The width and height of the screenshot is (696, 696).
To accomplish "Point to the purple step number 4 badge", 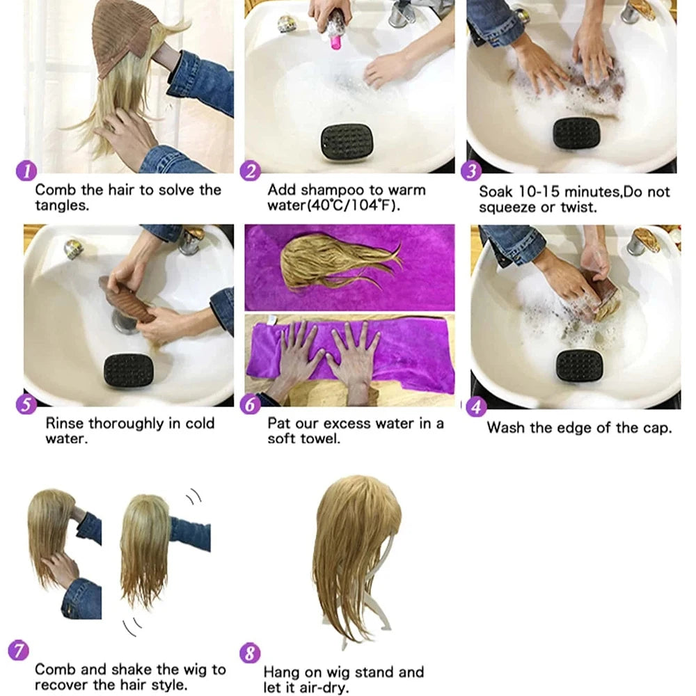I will pos(476,407).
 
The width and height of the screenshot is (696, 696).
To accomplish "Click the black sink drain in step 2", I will pos(347,141).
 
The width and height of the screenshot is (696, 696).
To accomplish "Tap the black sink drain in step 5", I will pos(129,371).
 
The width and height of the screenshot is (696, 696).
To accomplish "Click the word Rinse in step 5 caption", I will pos(67,423).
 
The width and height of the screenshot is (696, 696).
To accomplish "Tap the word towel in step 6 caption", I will pos(321,439).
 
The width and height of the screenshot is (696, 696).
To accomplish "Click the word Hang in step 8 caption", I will pos(280,672).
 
